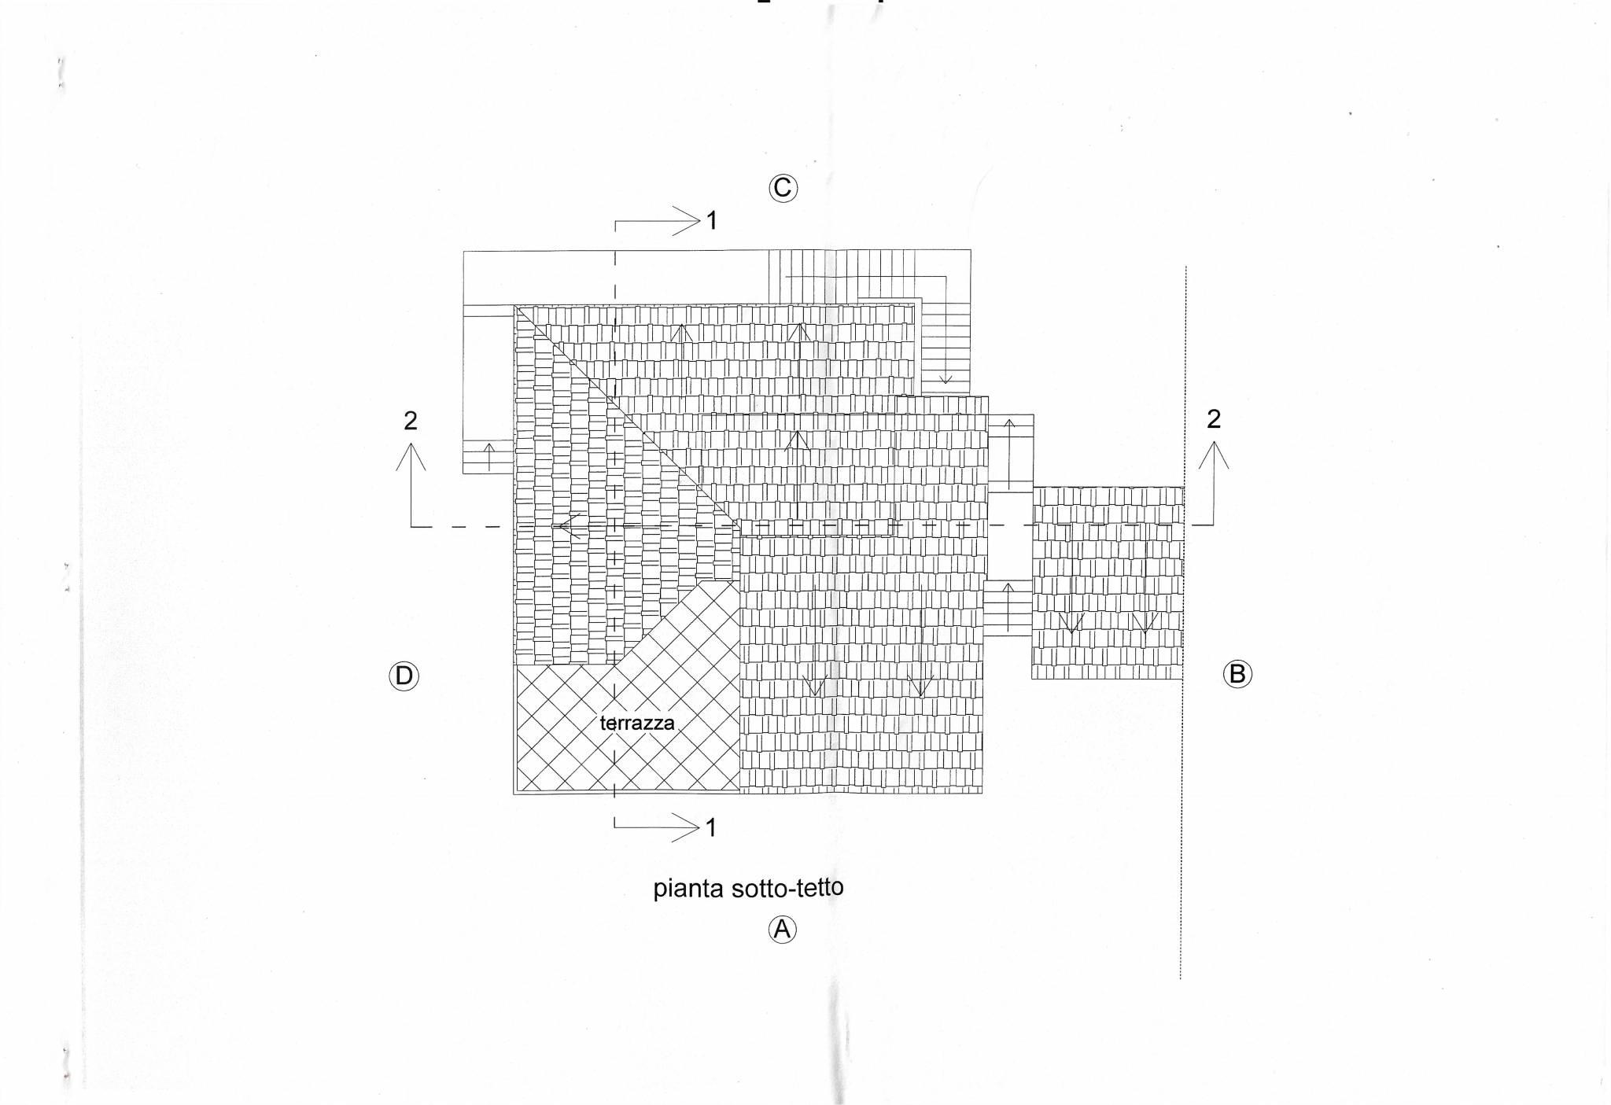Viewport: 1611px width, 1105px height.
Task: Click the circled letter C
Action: (783, 188)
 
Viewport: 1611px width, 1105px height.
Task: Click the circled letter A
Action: (782, 930)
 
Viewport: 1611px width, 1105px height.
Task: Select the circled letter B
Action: (1237, 674)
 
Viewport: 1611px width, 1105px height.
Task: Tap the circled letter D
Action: (404, 676)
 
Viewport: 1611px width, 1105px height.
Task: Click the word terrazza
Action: (637, 723)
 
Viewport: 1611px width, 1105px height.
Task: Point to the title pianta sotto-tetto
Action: (748, 888)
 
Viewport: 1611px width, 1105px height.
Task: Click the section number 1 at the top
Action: (712, 221)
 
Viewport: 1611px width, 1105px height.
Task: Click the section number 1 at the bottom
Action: (711, 827)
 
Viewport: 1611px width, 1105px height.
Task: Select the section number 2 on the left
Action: (411, 421)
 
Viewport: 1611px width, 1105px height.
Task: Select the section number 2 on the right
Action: (1214, 419)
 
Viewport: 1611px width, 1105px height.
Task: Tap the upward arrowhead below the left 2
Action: (411, 456)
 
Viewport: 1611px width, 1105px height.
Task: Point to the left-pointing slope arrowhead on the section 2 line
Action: (569, 525)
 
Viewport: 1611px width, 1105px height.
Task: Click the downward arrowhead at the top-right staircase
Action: (946, 380)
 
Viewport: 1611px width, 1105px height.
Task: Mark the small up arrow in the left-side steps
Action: (489, 457)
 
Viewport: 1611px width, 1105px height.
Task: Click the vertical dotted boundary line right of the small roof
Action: (1183, 622)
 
